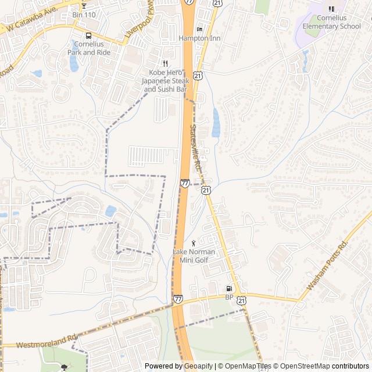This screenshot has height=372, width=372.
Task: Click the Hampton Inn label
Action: point(199,38)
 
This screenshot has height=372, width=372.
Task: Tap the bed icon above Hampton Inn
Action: point(199,30)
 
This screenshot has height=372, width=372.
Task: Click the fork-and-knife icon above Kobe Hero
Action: point(165,64)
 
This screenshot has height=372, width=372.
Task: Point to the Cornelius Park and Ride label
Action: point(88,48)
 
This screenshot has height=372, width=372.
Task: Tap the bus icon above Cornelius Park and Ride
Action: point(88,34)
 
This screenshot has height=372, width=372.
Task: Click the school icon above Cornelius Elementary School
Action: point(331,9)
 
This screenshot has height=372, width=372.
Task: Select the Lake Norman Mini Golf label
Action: point(194,256)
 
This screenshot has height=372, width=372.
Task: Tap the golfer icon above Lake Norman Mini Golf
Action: point(194,242)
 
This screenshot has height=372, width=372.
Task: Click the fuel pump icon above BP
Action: point(229,289)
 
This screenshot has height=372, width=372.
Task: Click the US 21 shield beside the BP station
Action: point(242,299)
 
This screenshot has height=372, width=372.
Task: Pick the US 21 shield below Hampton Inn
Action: point(198,76)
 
